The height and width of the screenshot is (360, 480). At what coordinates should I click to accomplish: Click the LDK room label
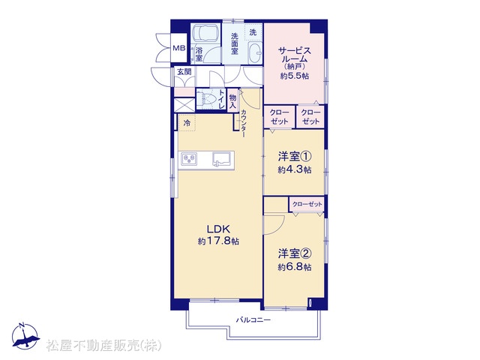(x=218, y=229)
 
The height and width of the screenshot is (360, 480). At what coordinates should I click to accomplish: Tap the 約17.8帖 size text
(x=218, y=241)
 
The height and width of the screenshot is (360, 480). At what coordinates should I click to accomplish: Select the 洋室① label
(x=295, y=157)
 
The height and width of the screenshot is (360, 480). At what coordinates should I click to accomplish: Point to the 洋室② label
(x=295, y=253)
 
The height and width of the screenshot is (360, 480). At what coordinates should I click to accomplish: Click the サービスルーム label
(x=294, y=55)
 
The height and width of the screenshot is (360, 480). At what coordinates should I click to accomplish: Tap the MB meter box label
(x=179, y=48)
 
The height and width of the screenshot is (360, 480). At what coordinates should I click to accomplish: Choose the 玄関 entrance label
(x=184, y=72)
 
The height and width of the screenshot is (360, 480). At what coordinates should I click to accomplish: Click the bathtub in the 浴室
(x=205, y=33)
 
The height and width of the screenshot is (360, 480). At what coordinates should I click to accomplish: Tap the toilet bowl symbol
(x=207, y=99)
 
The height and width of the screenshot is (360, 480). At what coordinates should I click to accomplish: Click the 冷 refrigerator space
(x=187, y=123)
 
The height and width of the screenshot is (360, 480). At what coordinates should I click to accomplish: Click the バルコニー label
(x=253, y=320)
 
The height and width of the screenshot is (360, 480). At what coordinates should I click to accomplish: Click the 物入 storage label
(x=233, y=102)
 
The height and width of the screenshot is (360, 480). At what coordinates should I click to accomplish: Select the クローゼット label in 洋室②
(x=307, y=204)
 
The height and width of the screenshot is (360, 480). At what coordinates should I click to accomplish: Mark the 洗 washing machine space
(x=253, y=32)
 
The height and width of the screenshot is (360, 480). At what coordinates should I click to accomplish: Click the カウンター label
(x=243, y=123)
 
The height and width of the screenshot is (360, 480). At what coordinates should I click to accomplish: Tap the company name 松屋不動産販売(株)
(x=103, y=346)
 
